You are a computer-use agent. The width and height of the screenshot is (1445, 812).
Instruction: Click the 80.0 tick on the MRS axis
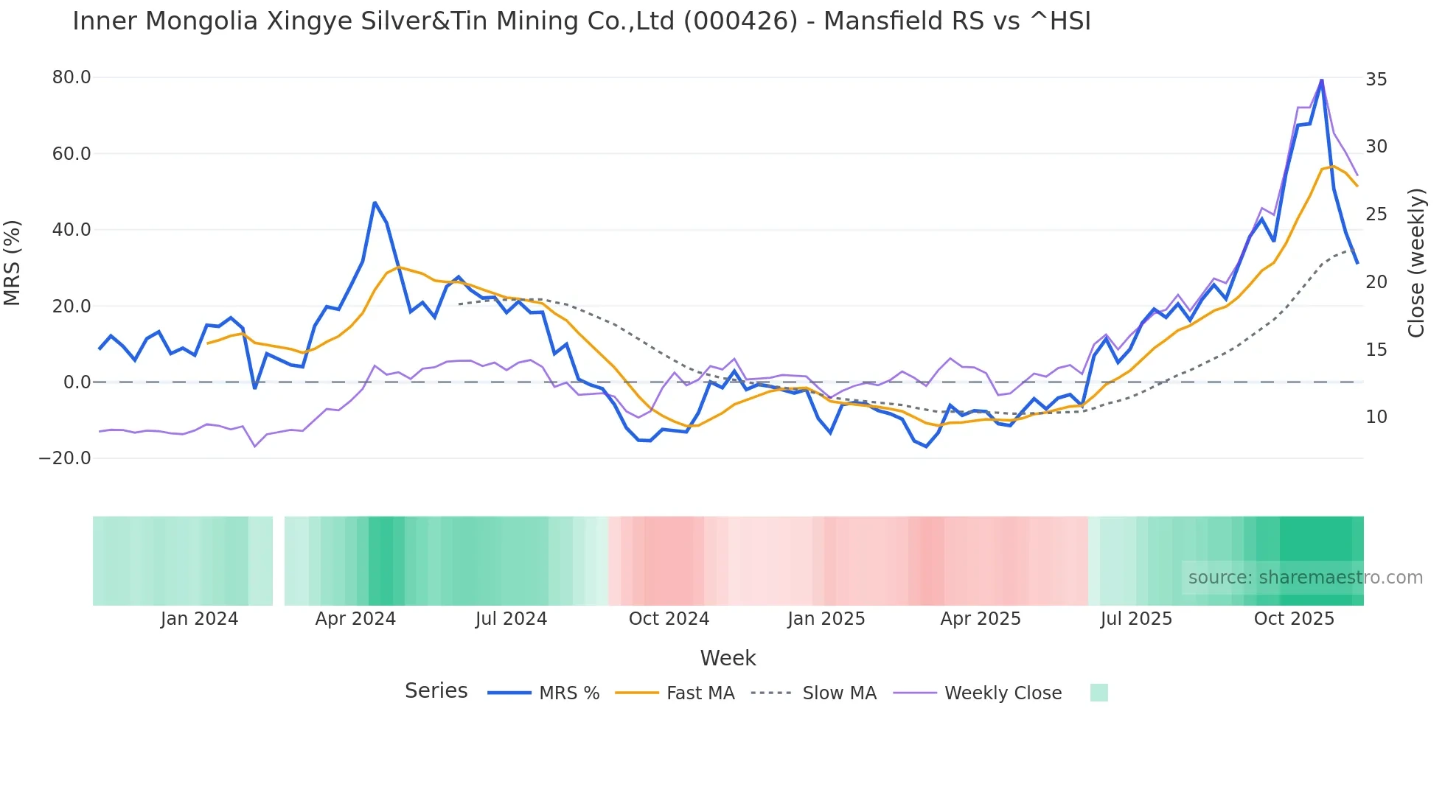coord(71,77)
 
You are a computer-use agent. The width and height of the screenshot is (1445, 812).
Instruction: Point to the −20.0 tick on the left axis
coord(65,458)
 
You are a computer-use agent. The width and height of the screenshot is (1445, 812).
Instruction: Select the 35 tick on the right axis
coord(1376,80)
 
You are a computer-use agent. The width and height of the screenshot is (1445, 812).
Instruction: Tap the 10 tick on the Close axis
coord(1376,417)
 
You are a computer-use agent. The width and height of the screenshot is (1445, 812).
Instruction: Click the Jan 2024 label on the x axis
coord(199,619)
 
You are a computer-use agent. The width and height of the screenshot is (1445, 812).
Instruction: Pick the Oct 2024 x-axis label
coord(669,619)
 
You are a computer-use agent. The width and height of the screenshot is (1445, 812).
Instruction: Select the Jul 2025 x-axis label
coord(1136,619)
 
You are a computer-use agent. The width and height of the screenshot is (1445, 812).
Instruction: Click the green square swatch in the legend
coord(1098,693)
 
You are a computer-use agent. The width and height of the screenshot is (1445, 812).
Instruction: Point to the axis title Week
coord(728,658)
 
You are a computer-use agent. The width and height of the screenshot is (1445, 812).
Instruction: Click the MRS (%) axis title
coord(12,262)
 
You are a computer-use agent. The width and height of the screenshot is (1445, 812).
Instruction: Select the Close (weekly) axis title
coord(1416,263)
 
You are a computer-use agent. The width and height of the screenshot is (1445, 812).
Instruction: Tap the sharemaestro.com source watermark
coord(1305,578)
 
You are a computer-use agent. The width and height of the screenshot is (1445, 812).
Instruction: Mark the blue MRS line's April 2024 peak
coord(375,202)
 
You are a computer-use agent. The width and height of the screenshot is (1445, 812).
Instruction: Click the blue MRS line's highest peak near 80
coord(1322,80)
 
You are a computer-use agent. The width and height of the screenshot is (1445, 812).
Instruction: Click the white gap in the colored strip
coord(279,561)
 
